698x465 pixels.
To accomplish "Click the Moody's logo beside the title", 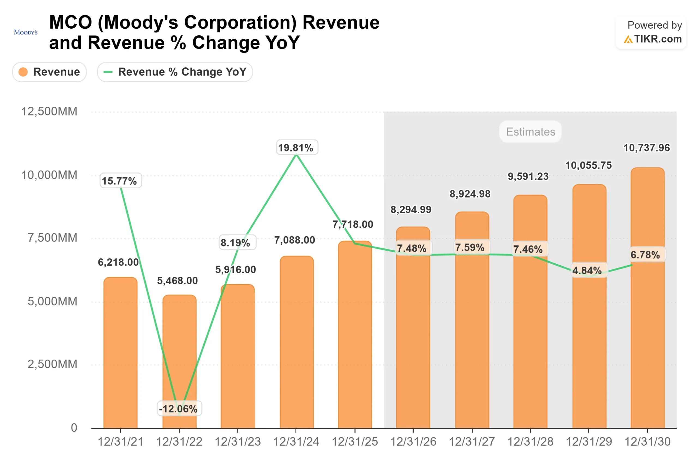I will click(x=26, y=32).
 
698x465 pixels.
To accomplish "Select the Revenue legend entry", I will click(x=49, y=72).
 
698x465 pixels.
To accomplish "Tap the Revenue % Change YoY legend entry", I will click(x=175, y=72).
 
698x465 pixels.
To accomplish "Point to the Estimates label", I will click(x=530, y=132).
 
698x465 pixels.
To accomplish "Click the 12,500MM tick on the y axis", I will click(x=49, y=111).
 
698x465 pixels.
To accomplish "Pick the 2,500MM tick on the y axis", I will click(x=52, y=364).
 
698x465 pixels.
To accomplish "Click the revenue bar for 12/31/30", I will click(x=647, y=326).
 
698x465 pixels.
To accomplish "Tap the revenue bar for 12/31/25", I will click(x=355, y=341).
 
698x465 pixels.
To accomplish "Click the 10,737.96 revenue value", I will click(x=646, y=148).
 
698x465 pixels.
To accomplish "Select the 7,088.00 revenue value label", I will click(x=294, y=240).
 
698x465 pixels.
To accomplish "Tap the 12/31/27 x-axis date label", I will click(x=472, y=442).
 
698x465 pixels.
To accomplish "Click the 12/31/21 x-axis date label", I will click(x=121, y=442).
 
